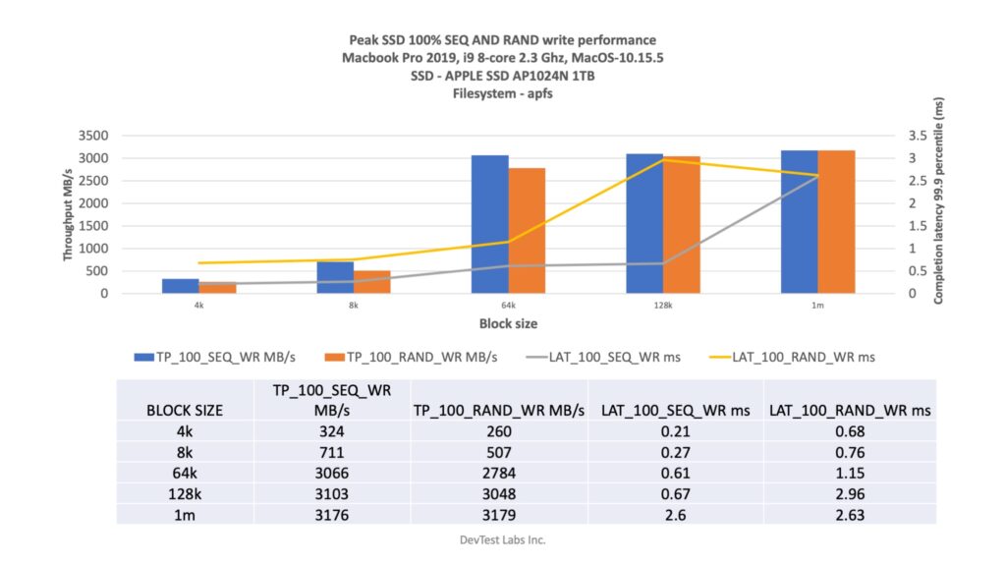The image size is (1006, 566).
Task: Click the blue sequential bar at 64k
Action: (489, 224)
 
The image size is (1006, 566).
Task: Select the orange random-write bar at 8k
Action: (372, 282)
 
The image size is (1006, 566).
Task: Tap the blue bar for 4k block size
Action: (181, 286)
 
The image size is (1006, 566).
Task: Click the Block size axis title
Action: (508, 323)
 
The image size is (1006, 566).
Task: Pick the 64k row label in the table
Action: (184, 473)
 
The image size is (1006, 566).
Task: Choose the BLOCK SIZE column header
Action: (184, 410)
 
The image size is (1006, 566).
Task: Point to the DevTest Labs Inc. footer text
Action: (502, 539)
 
